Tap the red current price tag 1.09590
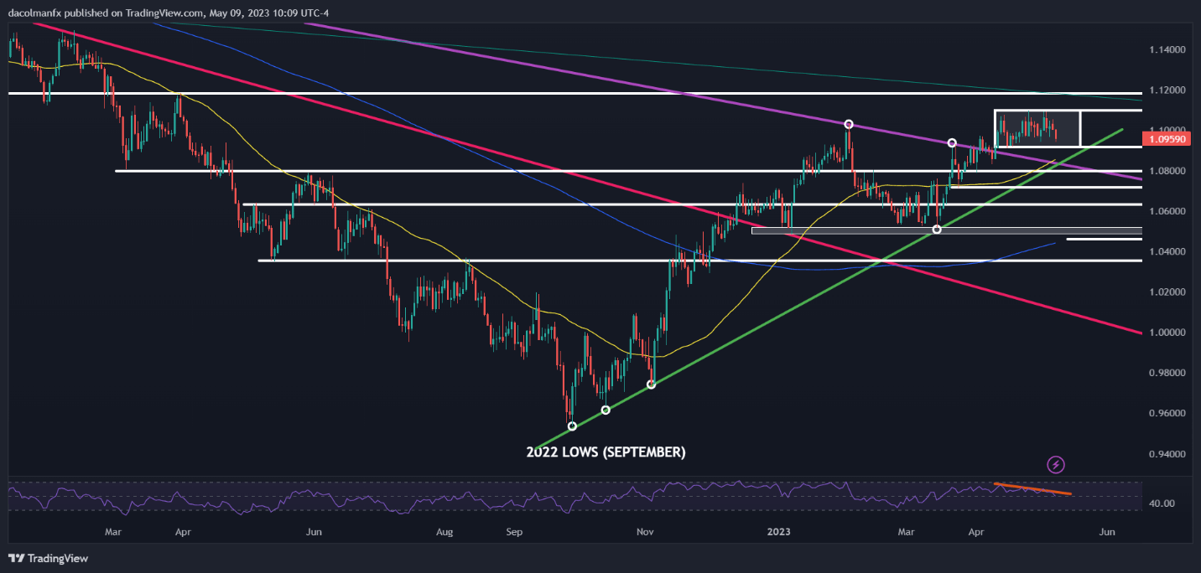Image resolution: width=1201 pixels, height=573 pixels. [x=1168, y=139]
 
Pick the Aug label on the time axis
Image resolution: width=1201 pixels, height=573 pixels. [x=445, y=532]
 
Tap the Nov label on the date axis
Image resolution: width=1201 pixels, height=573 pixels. [x=645, y=532]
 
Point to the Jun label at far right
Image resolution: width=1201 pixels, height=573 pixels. [x=1107, y=532]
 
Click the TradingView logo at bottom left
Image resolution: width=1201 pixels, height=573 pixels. [x=49, y=558]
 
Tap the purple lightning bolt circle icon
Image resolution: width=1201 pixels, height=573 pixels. [x=1056, y=464]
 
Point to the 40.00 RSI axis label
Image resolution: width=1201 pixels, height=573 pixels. [x=1162, y=503]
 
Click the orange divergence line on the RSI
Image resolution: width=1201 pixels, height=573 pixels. [x=1032, y=488]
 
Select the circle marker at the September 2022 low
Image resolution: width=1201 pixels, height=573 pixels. [x=572, y=426]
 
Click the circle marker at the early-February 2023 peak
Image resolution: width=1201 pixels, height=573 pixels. [x=849, y=124]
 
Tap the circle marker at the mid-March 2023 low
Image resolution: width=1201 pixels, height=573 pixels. [x=937, y=230]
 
